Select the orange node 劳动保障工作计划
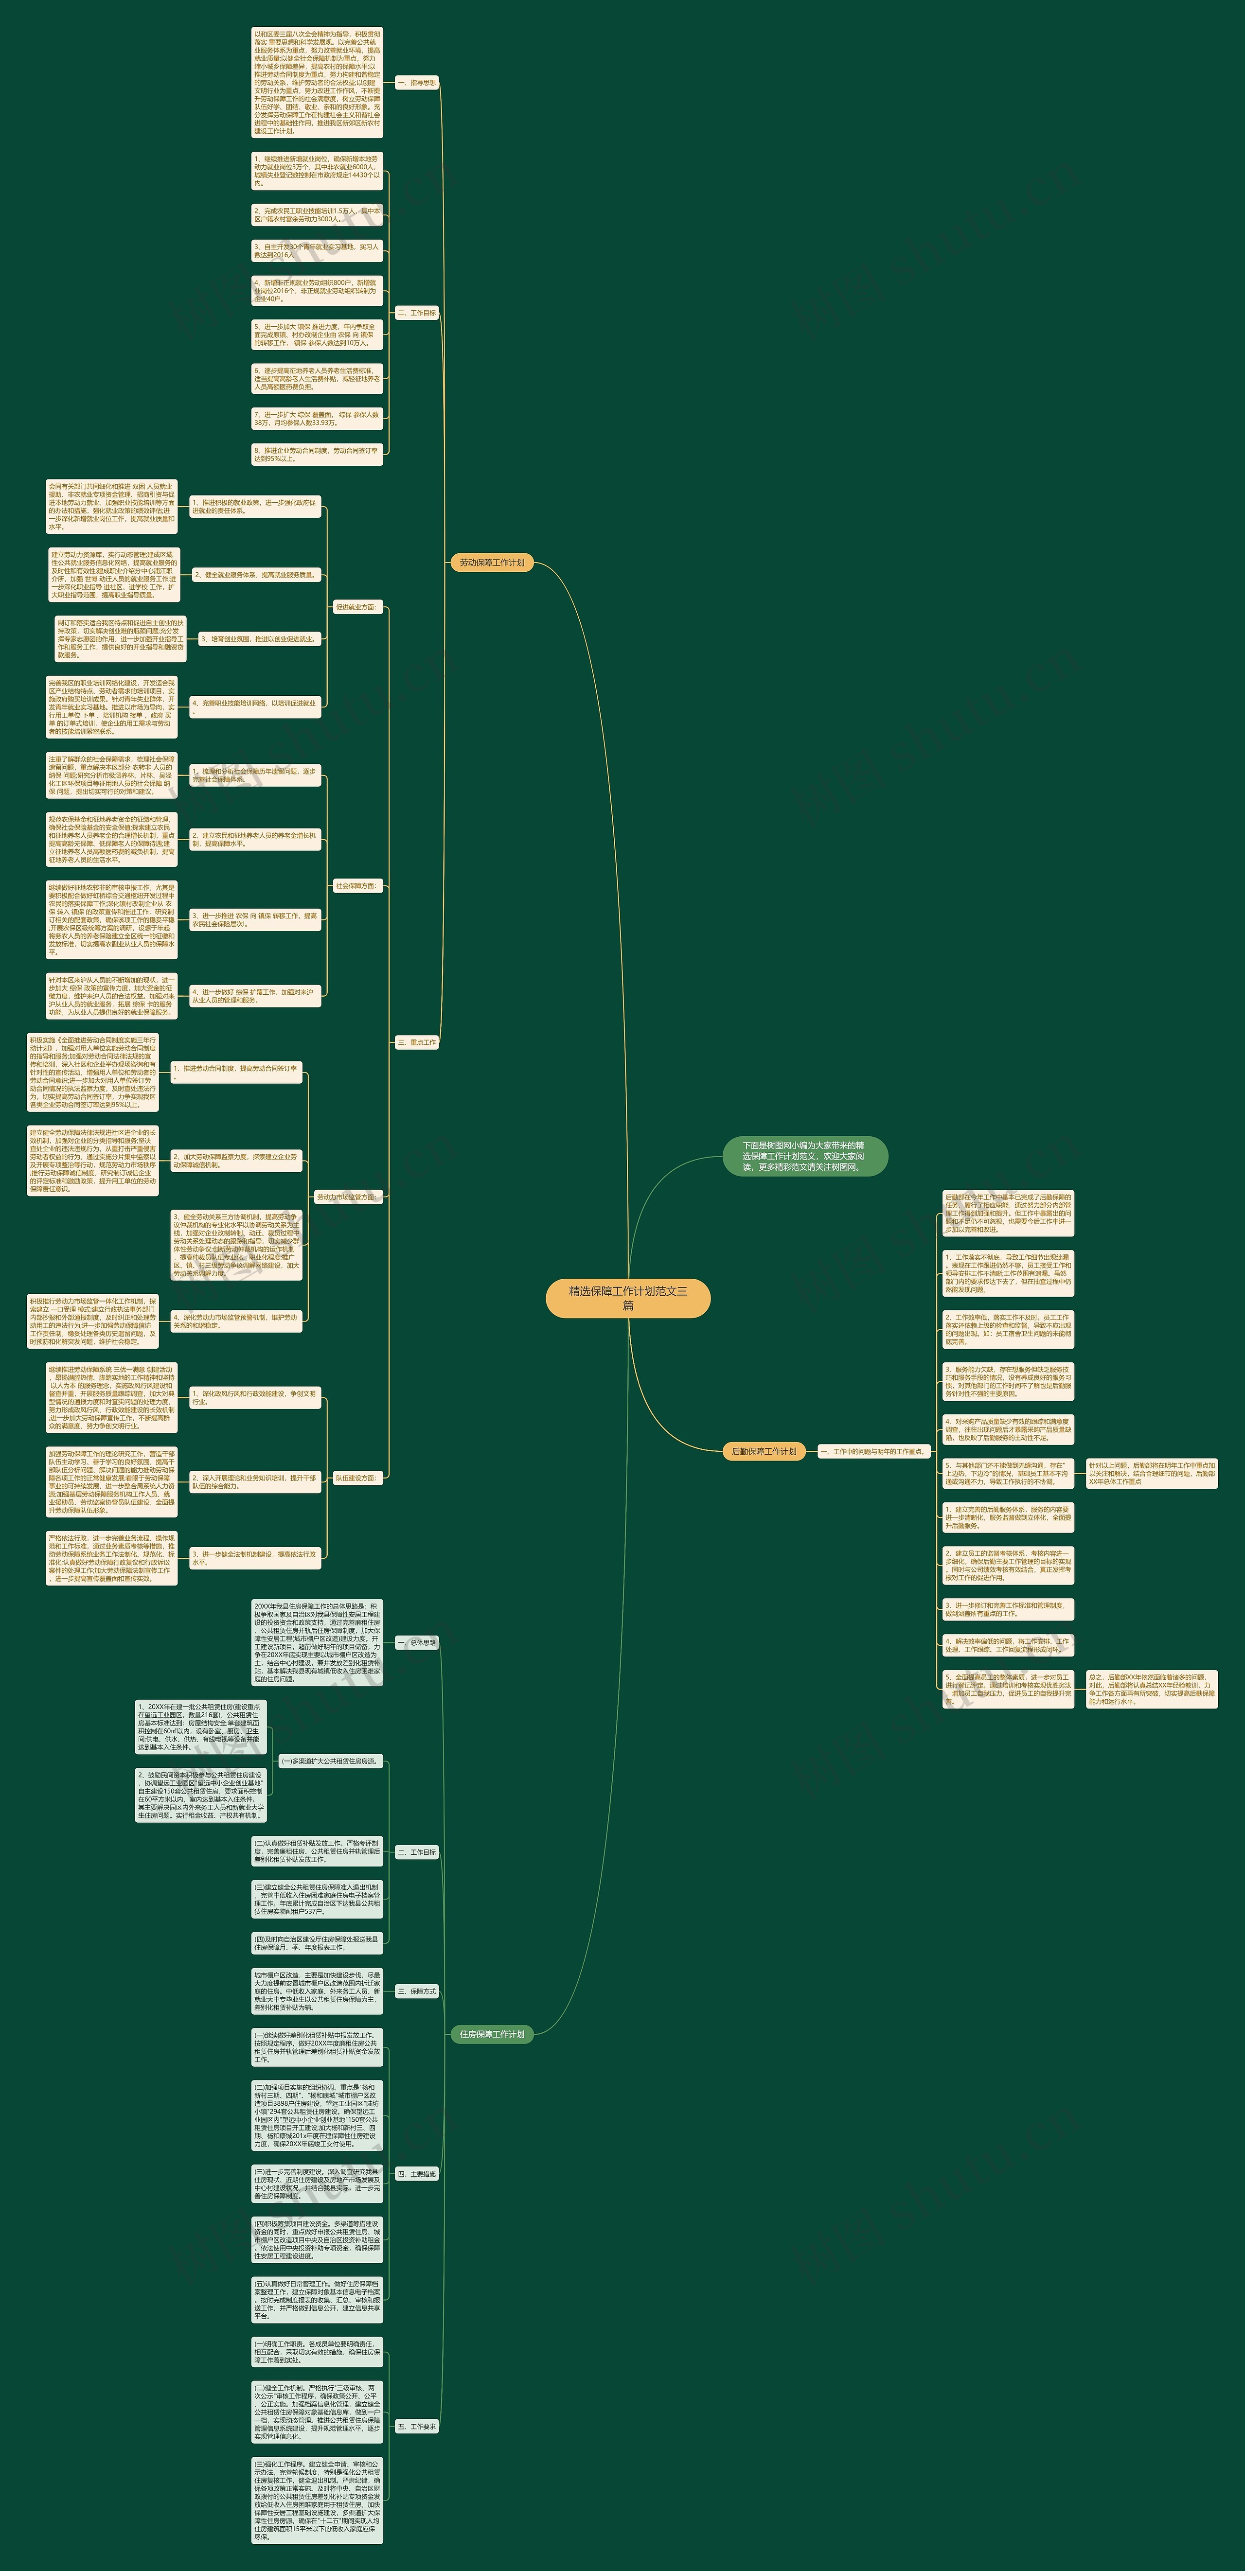(x=491, y=563)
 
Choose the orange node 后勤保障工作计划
(x=764, y=1451)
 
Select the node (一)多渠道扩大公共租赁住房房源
(x=329, y=1761)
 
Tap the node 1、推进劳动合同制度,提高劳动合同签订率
(x=235, y=1072)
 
